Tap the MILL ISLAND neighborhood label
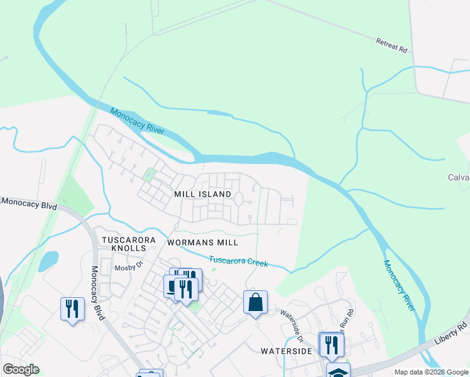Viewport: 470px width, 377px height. [x=203, y=195]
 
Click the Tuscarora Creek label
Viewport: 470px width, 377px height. [x=239, y=261]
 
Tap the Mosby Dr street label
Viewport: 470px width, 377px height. [x=129, y=268]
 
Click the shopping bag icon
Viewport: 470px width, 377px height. [x=255, y=302]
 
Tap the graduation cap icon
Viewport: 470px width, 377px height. [x=338, y=371]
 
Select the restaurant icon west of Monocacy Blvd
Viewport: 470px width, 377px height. [x=72, y=309]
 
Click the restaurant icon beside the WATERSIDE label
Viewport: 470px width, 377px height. [x=331, y=344]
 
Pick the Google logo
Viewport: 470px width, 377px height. [x=21, y=369]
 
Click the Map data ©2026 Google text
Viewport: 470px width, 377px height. [x=431, y=372]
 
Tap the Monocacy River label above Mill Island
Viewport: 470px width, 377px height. [x=137, y=121]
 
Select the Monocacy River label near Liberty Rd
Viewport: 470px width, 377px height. [x=400, y=285]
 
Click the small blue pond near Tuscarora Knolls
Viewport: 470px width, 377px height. [x=48, y=260]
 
